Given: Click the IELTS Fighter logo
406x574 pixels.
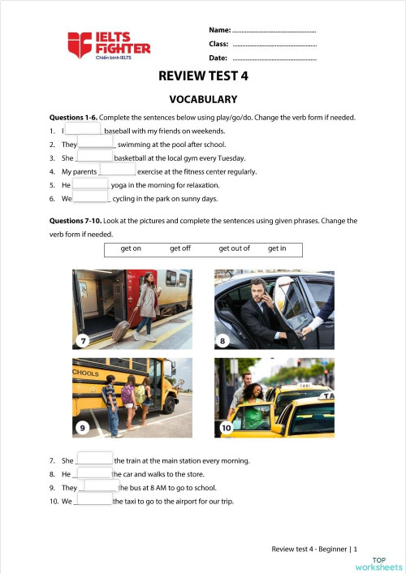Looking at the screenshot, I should [109, 45].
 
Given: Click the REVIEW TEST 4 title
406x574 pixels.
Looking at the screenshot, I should [203, 76].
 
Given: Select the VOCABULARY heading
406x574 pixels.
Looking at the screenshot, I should [203, 100].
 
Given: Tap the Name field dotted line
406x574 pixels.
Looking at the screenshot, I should [274, 30].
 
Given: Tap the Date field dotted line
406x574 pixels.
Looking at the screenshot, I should [274, 58].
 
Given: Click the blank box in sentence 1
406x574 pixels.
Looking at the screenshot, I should [83, 129].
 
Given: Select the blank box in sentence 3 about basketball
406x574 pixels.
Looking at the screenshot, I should [94, 157].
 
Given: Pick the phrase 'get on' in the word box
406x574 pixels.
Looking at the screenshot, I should [131, 248].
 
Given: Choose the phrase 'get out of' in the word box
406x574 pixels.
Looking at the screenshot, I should [234, 248].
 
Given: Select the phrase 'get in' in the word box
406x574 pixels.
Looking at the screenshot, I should [277, 248].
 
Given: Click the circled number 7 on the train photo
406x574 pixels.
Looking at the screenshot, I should [83, 339].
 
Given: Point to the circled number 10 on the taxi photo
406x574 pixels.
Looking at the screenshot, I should [226, 427].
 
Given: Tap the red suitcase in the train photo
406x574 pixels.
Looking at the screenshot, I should [121, 330].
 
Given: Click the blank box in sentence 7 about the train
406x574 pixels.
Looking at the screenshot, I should [94, 460].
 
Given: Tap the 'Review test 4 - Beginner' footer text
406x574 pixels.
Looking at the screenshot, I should [308, 550].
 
